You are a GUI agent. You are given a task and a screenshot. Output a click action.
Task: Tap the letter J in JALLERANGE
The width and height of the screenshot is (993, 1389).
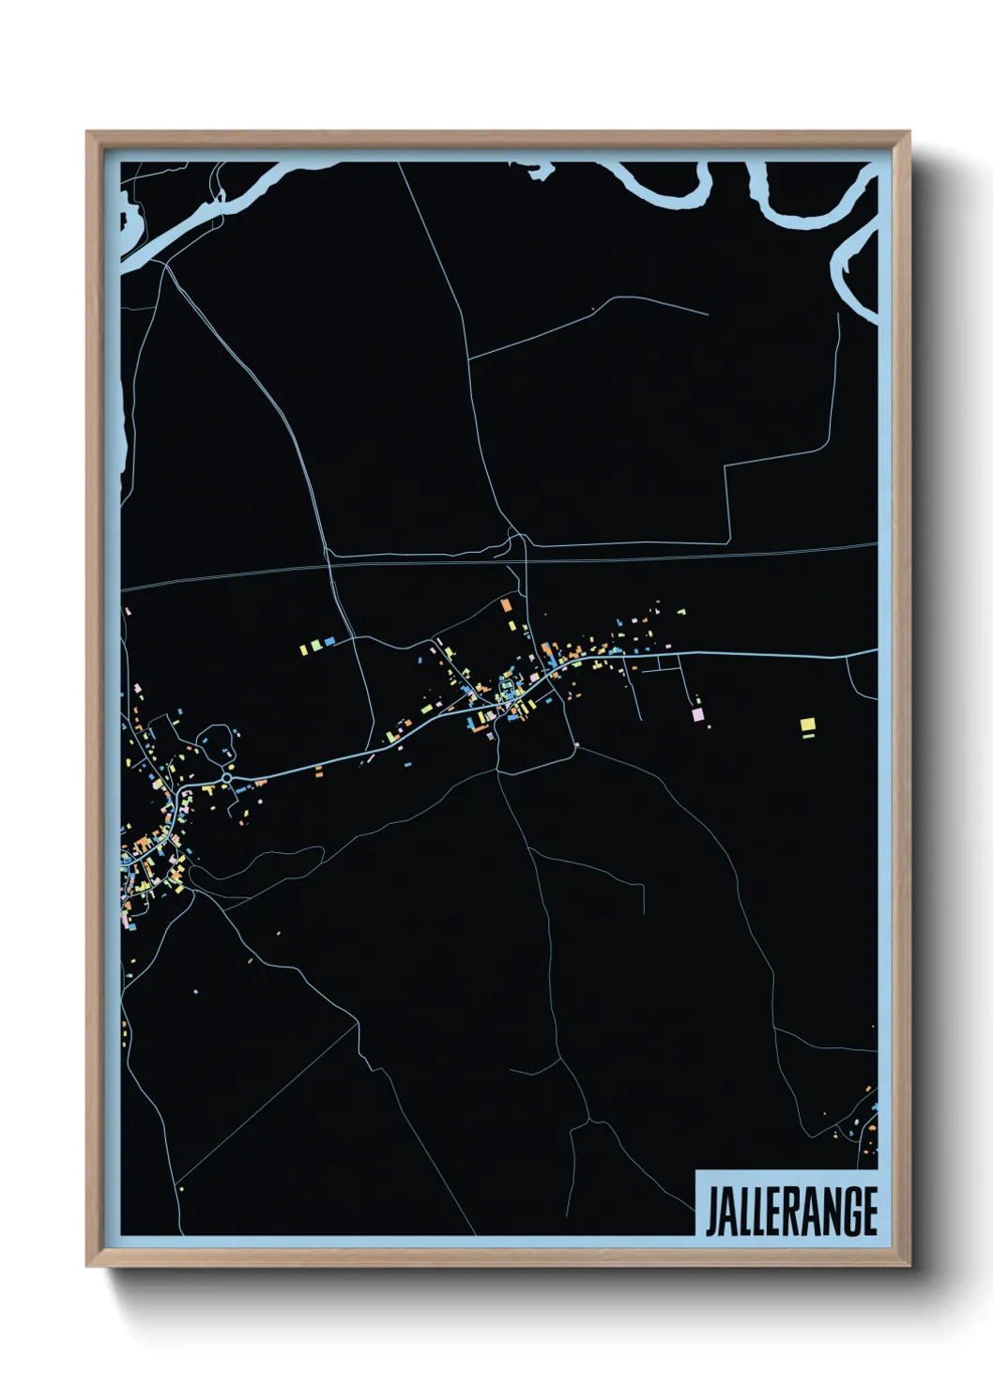[710, 1212]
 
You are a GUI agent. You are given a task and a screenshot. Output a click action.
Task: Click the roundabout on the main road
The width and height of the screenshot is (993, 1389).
[226, 778]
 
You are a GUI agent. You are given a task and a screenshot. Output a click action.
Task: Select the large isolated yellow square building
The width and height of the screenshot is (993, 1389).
[807, 724]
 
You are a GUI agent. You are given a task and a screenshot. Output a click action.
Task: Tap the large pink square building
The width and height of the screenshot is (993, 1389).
[697, 714]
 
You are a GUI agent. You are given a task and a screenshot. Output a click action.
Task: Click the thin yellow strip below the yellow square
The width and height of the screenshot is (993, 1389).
[807, 737]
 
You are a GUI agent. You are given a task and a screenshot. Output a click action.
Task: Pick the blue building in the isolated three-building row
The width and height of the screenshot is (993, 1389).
[329, 642]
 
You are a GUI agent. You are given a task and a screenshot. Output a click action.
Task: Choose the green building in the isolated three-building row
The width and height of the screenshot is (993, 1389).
[317, 646]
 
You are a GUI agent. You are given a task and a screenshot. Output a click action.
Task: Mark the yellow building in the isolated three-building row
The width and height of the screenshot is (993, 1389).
[304, 648]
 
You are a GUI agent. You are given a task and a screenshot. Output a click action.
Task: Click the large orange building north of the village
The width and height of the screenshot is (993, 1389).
[507, 604]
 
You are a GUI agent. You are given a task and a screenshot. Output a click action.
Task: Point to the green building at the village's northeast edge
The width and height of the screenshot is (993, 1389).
[682, 612]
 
